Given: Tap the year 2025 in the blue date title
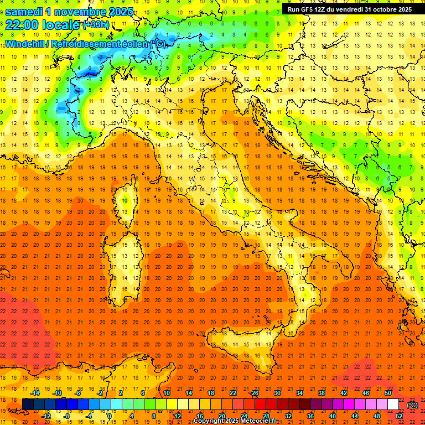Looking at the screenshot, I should click(117, 12).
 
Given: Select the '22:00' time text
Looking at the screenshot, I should click(22, 24).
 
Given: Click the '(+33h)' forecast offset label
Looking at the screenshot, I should click(95, 24).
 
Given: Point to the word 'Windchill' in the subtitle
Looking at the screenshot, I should click(26, 44).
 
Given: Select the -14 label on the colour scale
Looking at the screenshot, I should click(35, 393).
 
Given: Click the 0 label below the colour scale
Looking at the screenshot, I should click(110, 416).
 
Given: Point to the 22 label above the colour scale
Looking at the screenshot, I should click(233, 393).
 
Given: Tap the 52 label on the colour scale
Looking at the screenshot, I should click(399, 416).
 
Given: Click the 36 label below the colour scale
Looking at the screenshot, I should click(310, 416).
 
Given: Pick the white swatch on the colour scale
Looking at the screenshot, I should click(393, 405).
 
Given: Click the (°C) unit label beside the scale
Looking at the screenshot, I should click(412, 405).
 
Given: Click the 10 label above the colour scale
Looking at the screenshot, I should click(166, 393).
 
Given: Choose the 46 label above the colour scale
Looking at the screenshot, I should click(366, 393).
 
